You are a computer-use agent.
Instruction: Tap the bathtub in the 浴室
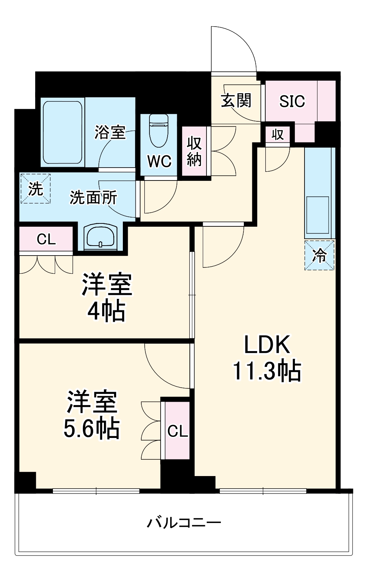pyautogui.click(x=63, y=132)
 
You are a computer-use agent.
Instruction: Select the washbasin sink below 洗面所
pyautogui.click(x=100, y=237)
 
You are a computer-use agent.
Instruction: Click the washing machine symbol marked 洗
pyautogui.click(x=36, y=189)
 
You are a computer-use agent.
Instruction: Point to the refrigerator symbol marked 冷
pyautogui.click(x=320, y=255)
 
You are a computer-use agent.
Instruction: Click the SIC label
pyautogui.click(x=292, y=101)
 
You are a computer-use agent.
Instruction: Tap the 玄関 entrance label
pyautogui.click(x=236, y=100)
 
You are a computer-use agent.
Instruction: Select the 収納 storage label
pyautogui.click(x=194, y=151)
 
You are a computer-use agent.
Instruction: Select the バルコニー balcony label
pyautogui.click(x=184, y=523)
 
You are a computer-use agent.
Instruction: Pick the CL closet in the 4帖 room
pyautogui.click(x=46, y=239)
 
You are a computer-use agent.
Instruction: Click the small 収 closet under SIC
pyautogui.click(x=277, y=134)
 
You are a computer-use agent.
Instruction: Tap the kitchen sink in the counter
pyautogui.click(x=318, y=215)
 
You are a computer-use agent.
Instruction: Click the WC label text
pyautogui.click(x=159, y=161)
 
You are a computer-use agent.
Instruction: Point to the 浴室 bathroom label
pyautogui.click(x=110, y=132)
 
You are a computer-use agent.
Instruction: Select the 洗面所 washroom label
pyautogui.click(x=93, y=198)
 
